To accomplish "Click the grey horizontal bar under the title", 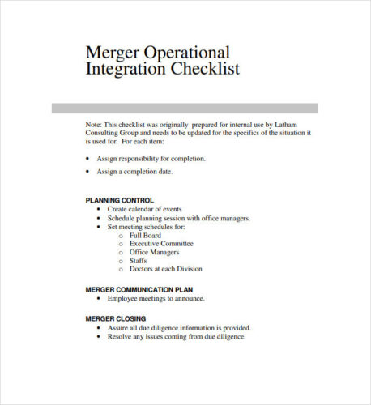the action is (185, 109).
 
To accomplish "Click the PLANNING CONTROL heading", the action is (119, 199).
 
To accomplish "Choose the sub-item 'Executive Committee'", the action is (161, 244).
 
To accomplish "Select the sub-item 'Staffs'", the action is (139, 261).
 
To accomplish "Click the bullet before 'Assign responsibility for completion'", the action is (87, 159).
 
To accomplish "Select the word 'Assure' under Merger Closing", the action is (119, 327).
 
